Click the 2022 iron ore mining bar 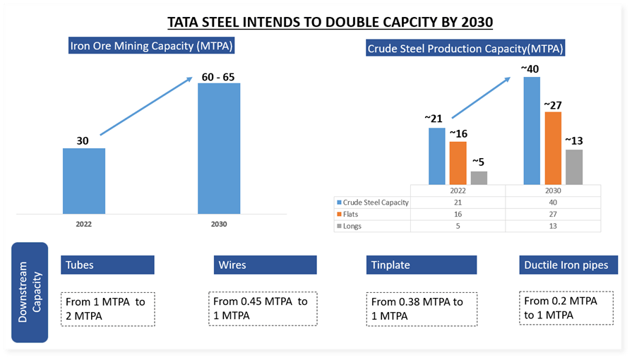[84, 181]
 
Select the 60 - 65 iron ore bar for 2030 [219, 148]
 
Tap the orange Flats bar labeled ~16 [458, 163]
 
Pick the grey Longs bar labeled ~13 [574, 167]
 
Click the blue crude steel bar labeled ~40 [531, 131]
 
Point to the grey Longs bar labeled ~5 [479, 178]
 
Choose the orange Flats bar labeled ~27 [553, 148]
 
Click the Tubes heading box [107, 265]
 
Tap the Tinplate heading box [422, 265]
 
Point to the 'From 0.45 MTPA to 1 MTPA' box [261, 308]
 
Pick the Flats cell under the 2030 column [553, 215]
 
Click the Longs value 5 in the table [458, 227]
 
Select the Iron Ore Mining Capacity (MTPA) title [152, 47]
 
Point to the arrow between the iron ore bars [147, 106]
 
